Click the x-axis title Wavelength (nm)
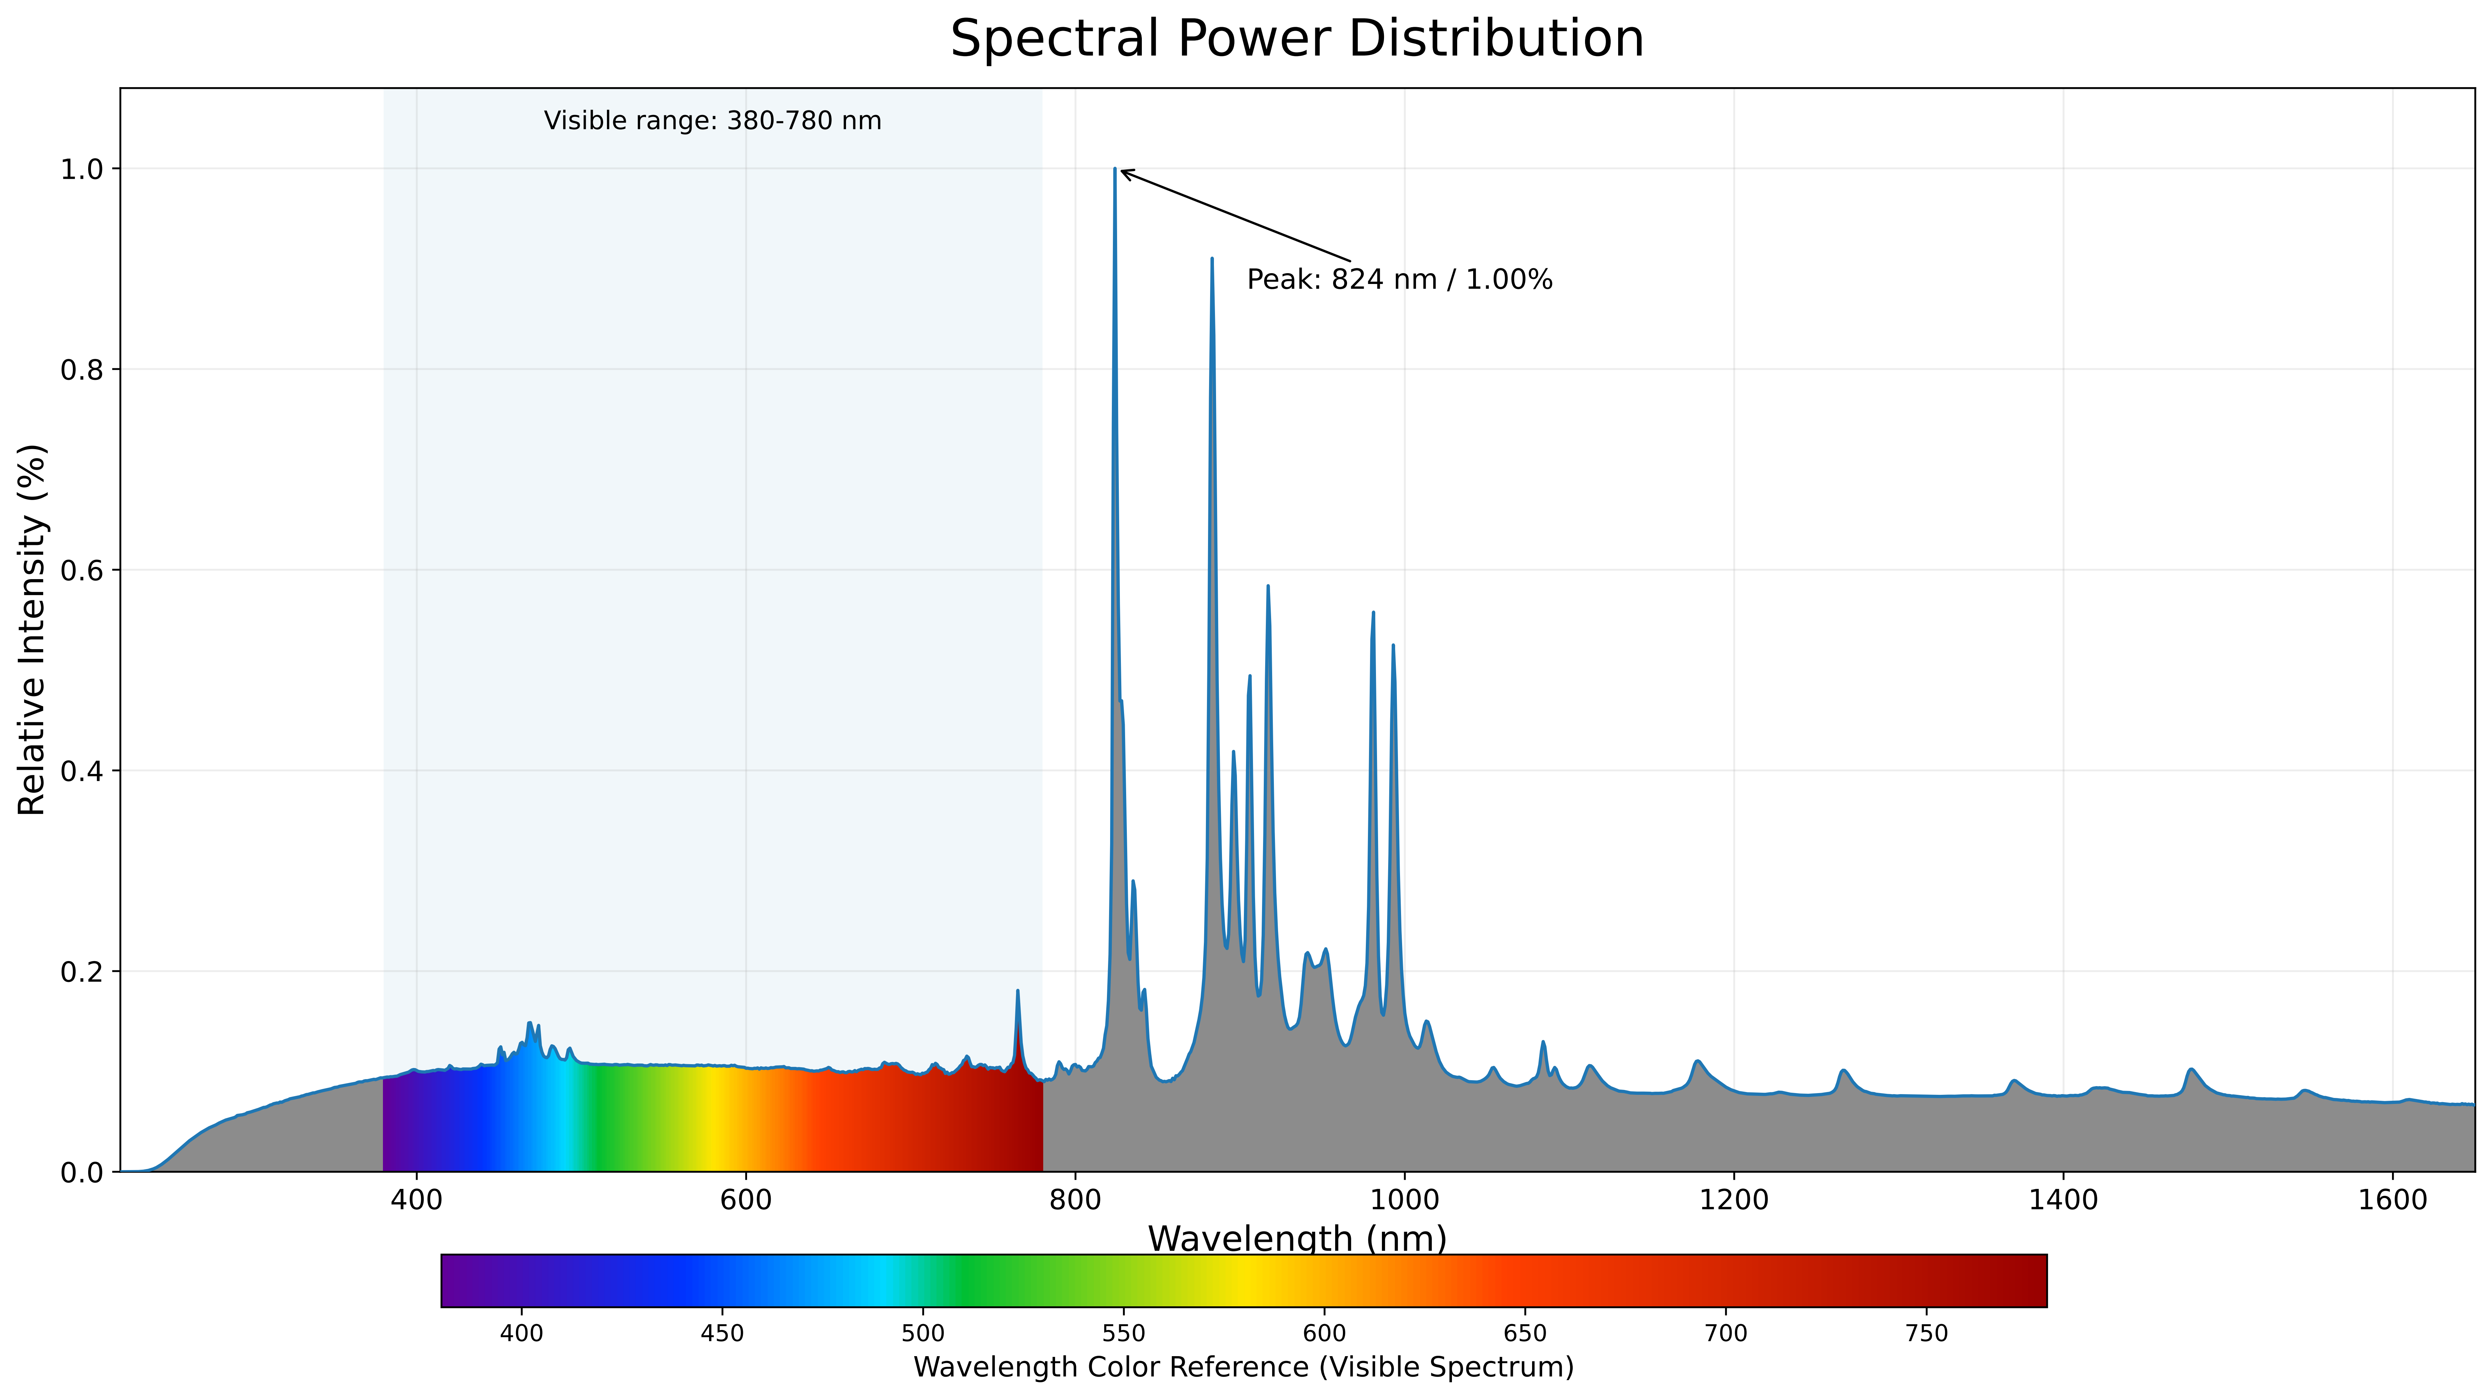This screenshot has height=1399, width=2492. point(1296,1238)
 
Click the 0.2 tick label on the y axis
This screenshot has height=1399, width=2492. point(82,971)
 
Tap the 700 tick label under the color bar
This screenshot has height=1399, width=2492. point(1726,1333)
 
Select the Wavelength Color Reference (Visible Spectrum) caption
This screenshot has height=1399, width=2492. point(1243,1367)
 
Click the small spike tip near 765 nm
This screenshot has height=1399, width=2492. point(1018,991)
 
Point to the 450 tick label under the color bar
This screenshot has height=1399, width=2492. point(722,1333)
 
